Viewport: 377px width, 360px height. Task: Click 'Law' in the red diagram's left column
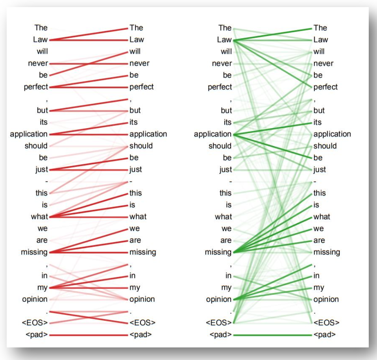click(41, 40)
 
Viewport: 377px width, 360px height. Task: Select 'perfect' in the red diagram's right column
click(142, 87)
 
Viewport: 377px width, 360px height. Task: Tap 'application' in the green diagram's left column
click(213, 134)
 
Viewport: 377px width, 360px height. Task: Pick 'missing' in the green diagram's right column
click(327, 252)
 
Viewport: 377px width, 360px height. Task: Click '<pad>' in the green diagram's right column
click(325, 335)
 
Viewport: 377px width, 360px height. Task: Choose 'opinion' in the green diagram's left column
click(218, 299)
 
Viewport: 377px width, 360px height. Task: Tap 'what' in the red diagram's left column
click(39, 217)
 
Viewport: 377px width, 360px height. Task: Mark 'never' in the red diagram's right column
click(139, 63)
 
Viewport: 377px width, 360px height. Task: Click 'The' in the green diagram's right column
click(320, 28)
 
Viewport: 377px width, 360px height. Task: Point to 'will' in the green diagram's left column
click(226, 51)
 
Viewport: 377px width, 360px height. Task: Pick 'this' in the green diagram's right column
click(320, 193)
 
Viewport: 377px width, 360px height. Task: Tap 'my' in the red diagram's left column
click(43, 288)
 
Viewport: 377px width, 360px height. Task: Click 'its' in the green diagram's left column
click(227, 122)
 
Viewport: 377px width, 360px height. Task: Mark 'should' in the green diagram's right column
click(325, 146)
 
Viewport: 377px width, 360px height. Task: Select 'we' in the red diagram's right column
click(135, 229)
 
